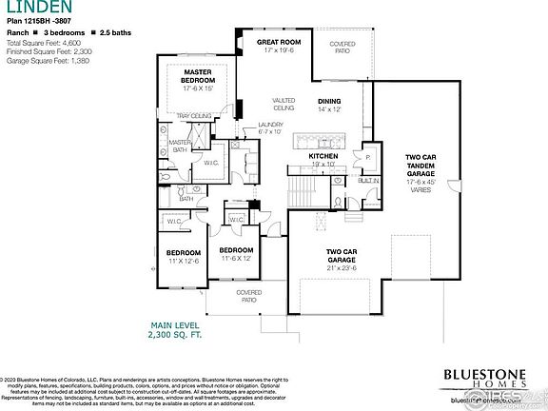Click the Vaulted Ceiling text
[284, 104]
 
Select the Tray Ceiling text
[193, 116]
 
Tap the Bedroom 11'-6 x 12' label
[235, 254]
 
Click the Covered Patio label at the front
[249, 296]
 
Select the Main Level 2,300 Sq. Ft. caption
[173, 331]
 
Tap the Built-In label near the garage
[369, 180]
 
